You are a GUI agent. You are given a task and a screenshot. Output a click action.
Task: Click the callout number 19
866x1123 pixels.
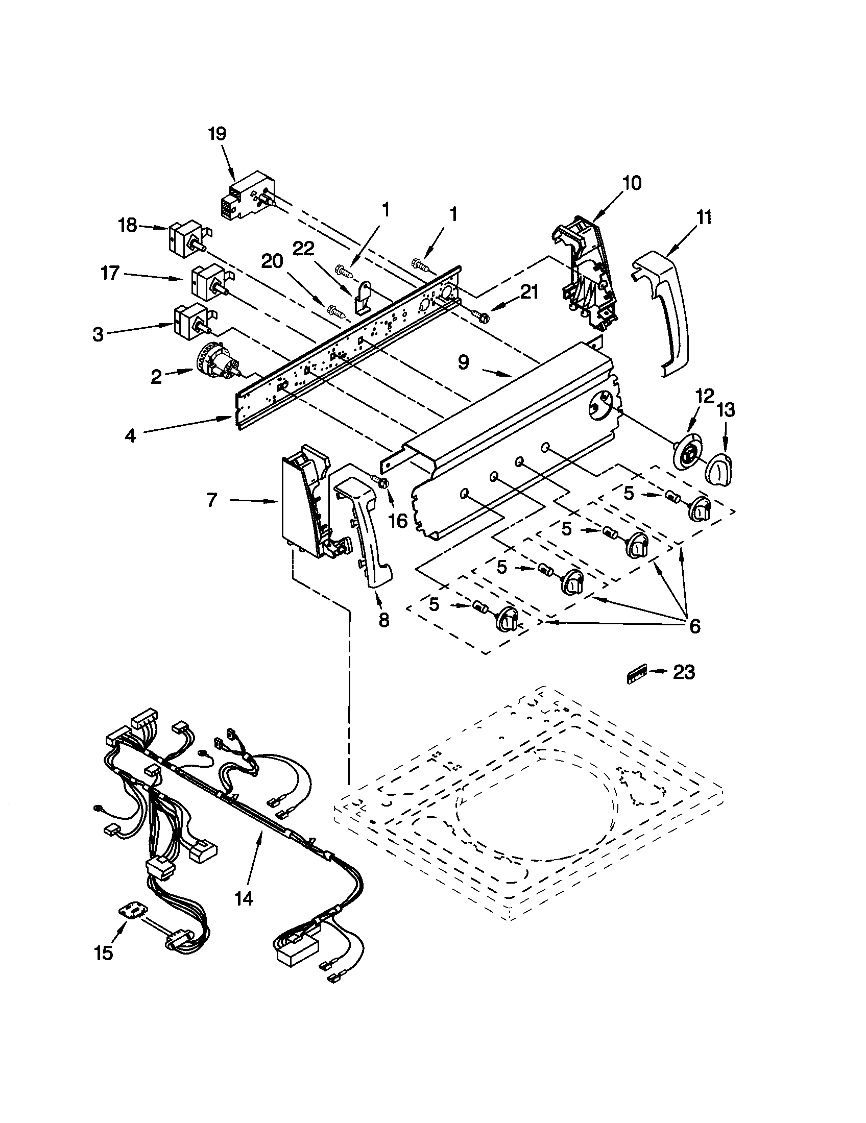pyautogui.click(x=217, y=134)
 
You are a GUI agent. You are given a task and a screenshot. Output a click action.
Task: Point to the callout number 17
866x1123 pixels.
pyautogui.click(x=110, y=273)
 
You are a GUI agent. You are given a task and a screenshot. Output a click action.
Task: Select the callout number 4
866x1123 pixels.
pyautogui.click(x=130, y=435)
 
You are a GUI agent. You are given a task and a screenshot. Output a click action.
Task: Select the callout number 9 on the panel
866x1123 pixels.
pyautogui.click(x=463, y=362)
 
